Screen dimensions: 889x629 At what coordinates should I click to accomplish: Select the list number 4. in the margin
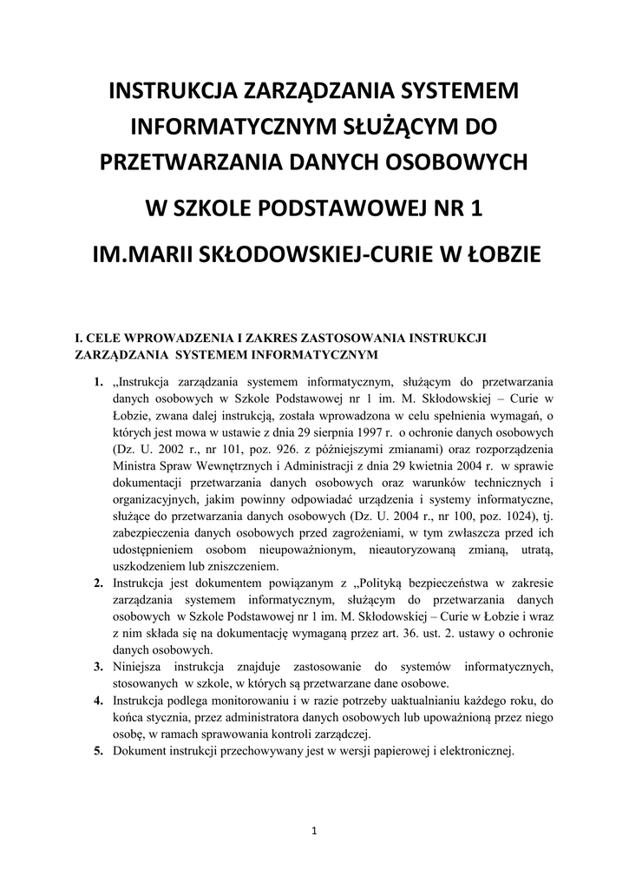tap(99, 701)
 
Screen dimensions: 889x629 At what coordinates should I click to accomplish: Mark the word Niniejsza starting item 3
tap(139, 667)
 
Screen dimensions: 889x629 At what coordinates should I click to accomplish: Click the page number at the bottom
tap(314, 833)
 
